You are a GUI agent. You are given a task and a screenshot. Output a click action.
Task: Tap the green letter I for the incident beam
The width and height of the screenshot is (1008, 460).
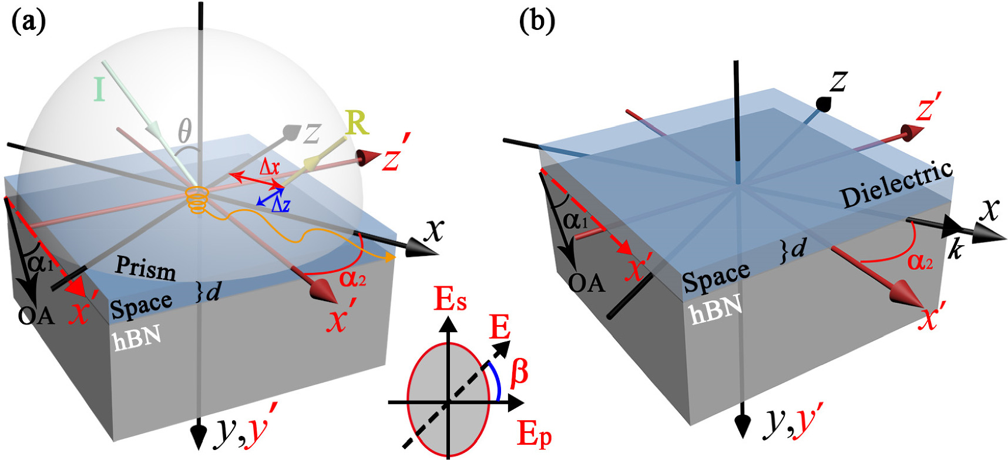click(100, 90)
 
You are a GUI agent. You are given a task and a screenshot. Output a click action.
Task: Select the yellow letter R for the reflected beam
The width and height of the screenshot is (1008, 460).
click(357, 123)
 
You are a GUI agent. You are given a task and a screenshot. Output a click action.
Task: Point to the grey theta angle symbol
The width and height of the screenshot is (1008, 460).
click(184, 130)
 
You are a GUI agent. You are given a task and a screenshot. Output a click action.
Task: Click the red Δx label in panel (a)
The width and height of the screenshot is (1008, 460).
click(270, 167)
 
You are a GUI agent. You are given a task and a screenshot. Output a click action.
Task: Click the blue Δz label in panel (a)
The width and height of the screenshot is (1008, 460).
click(280, 205)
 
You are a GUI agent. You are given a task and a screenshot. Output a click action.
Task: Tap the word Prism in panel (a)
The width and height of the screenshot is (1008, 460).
click(145, 268)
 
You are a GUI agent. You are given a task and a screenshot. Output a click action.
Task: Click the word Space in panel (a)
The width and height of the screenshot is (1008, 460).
click(141, 306)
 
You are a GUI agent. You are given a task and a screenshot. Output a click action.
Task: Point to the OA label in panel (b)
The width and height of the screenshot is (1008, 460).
click(586, 283)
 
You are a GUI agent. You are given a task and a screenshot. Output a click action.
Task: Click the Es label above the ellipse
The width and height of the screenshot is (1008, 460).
click(451, 300)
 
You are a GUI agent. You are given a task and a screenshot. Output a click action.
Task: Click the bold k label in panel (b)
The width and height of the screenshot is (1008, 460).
click(956, 250)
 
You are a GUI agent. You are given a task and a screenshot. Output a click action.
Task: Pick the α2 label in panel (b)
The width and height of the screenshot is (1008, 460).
click(920, 261)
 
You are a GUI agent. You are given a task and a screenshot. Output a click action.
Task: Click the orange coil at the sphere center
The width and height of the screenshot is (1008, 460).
click(198, 199)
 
